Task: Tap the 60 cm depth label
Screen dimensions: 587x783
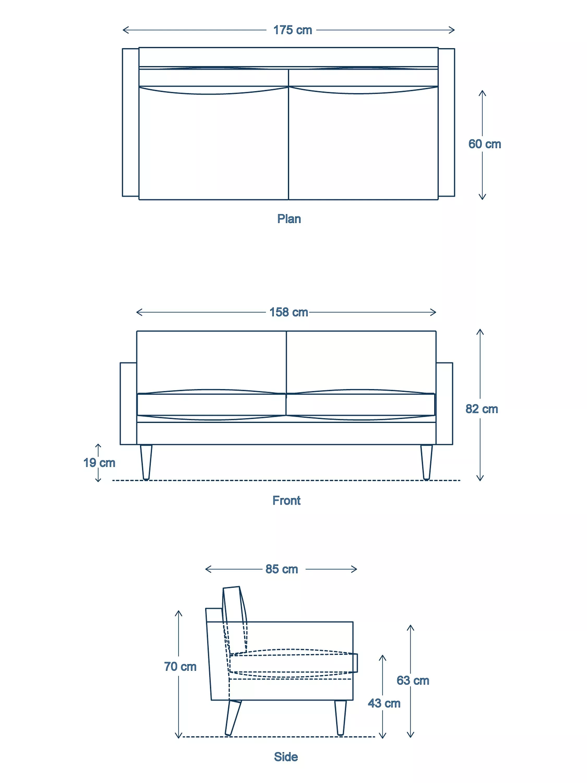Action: click(484, 144)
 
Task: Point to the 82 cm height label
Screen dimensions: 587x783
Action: click(482, 409)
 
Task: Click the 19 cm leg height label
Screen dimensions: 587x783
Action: click(99, 463)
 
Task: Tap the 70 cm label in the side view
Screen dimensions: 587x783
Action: click(180, 667)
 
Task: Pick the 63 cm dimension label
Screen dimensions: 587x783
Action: click(412, 680)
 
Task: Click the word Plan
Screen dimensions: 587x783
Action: click(289, 219)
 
